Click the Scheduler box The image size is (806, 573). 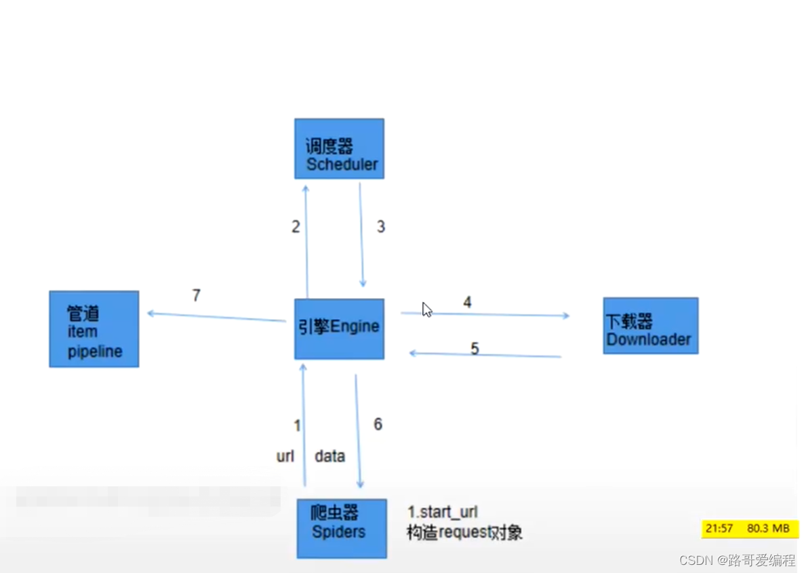(x=339, y=149)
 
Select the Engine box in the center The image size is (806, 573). (x=339, y=328)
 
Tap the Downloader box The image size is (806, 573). (x=650, y=326)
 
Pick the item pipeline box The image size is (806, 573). (x=94, y=329)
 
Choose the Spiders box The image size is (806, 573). (x=342, y=528)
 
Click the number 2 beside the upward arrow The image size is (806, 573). (x=296, y=227)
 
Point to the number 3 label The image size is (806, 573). (x=381, y=227)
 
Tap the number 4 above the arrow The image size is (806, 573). (x=467, y=302)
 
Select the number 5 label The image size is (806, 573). (x=475, y=348)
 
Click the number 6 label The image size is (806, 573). (x=378, y=424)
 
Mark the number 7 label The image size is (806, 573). (x=197, y=295)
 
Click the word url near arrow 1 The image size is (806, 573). (x=285, y=457)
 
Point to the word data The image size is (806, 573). (x=330, y=457)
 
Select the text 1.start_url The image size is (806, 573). (x=443, y=512)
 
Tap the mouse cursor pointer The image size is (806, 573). (x=426, y=310)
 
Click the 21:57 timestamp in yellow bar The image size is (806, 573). (x=719, y=528)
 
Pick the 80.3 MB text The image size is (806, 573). (x=768, y=528)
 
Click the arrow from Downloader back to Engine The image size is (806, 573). (x=485, y=355)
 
